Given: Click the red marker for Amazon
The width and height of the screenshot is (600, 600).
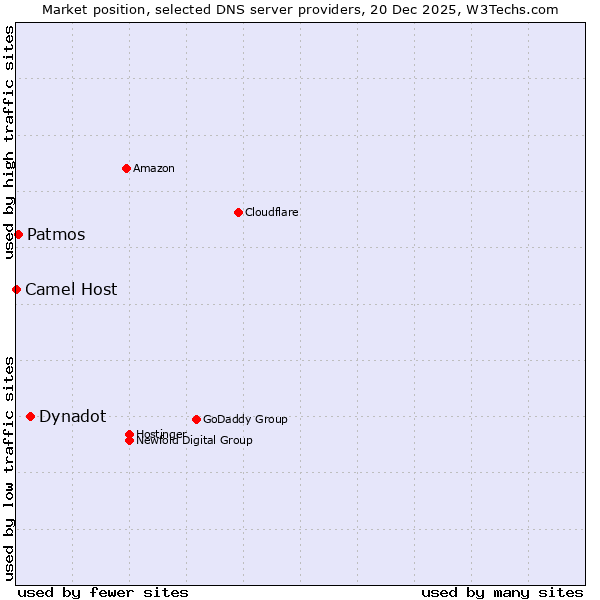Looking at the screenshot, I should tap(127, 168).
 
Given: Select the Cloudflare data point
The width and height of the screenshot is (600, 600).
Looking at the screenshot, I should tap(238, 212).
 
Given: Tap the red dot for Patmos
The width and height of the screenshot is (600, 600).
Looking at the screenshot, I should tap(18, 234).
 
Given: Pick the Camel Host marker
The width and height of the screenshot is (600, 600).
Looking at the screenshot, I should tap(16, 289).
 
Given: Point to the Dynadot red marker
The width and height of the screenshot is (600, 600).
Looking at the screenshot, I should tap(30, 416).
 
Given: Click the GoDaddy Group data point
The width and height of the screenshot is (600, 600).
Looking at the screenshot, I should tap(196, 419).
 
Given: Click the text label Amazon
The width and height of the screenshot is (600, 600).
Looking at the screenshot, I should tap(153, 168).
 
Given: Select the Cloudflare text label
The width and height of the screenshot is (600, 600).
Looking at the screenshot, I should tap(271, 212).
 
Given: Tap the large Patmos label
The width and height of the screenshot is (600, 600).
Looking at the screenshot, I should tap(56, 234).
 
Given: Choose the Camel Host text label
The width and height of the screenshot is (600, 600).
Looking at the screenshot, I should tap(71, 289).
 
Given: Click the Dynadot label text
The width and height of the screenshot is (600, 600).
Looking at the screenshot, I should tap(72, 416).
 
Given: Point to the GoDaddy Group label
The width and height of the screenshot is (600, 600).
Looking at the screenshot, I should tap(245, 419).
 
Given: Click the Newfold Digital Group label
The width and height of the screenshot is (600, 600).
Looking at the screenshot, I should tap(194, 440).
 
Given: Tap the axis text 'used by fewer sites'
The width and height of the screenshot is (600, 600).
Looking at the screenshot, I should tap(103, 592).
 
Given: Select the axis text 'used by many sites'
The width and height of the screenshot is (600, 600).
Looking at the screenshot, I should tap(502, 592).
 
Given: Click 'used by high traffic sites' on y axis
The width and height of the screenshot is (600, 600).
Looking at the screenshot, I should tap(9, 143).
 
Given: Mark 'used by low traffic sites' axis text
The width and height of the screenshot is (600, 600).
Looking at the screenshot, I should tap(9, 468).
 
